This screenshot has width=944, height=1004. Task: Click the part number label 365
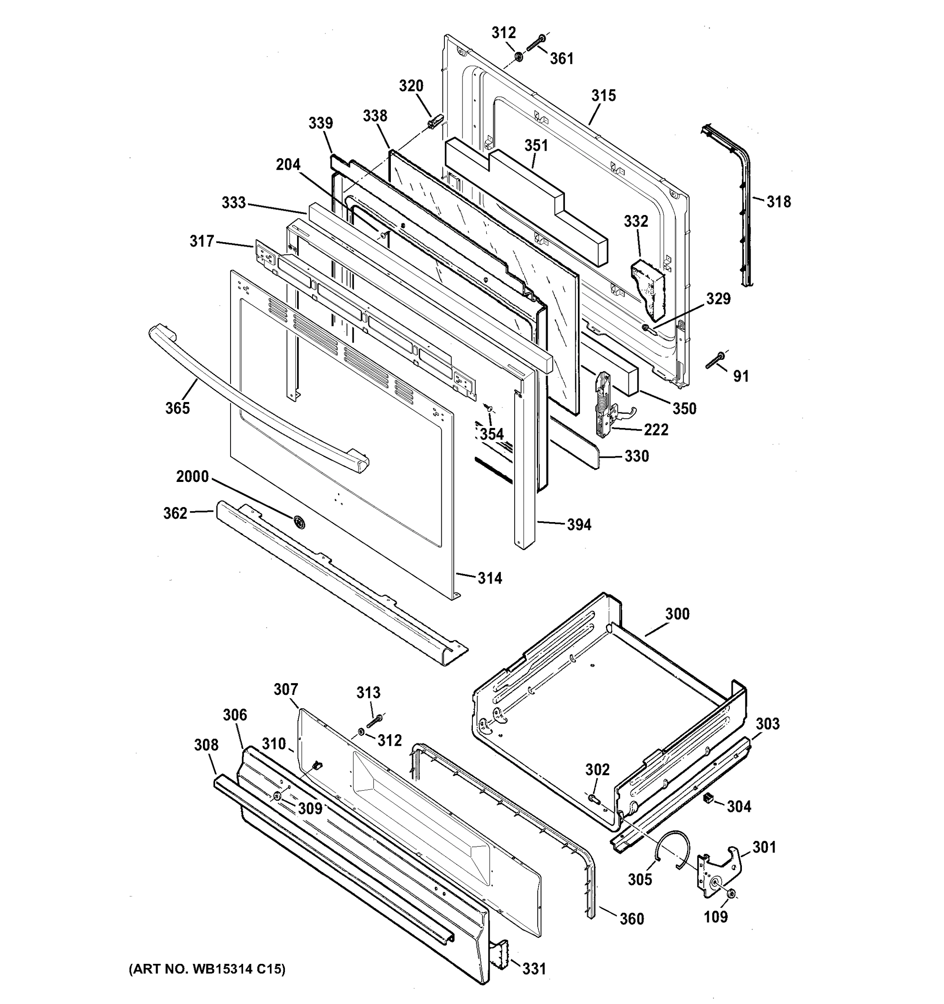(x=177, y=407)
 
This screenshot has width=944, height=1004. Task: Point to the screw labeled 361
(x=535, y=43)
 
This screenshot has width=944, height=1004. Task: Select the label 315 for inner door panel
(x=603, y=95)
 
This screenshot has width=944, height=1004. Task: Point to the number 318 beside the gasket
(x=778, y=202)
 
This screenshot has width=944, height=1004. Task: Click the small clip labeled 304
(x=708, y=797)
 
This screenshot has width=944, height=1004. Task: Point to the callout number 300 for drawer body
(x=677, y=614)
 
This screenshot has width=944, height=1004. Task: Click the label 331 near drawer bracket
(x=534, y=968)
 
